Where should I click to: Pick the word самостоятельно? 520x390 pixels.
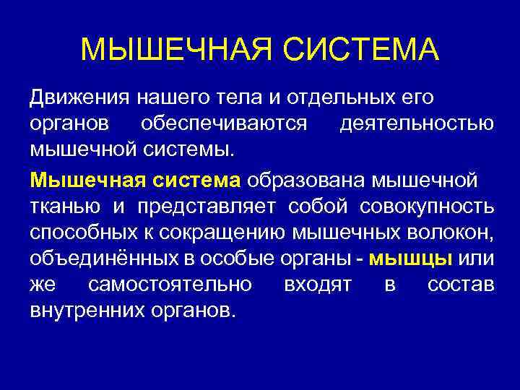click(170, 287)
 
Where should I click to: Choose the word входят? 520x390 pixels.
click(318, 287)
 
